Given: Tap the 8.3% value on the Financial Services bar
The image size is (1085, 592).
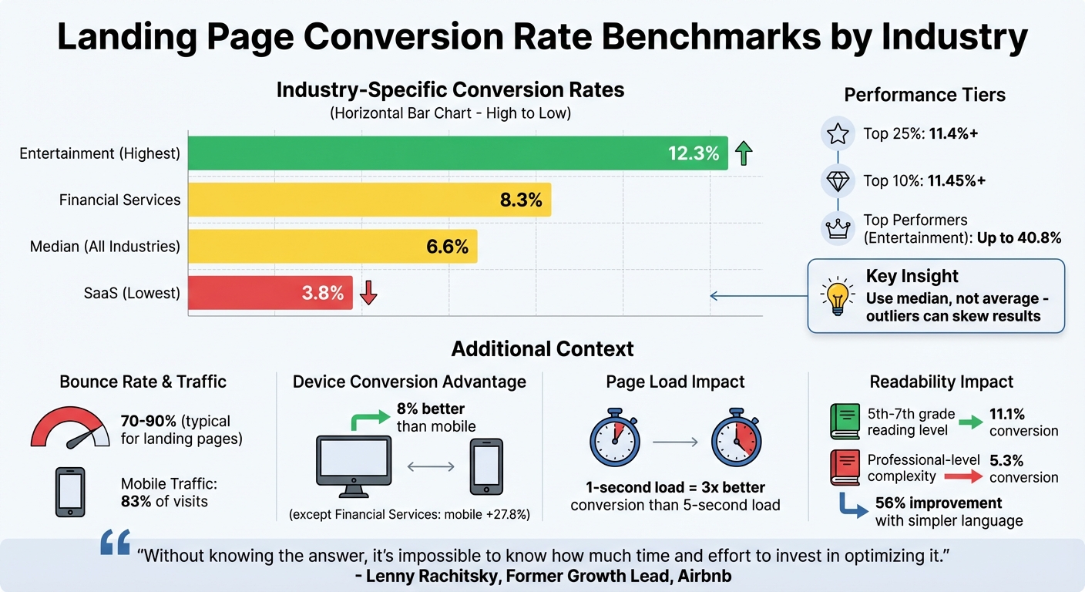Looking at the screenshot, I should pyautogui.click(x=521, y=200).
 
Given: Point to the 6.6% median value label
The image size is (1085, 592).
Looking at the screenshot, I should pyautogui.click(x=447, y=247).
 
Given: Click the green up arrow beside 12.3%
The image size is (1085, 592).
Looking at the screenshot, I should pyautogui.click(x=744, y=153).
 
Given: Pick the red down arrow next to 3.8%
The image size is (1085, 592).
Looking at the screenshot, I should pyautogui.click(x=368, y=293).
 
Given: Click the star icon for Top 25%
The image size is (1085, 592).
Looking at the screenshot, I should pyautogui.click(x=837, y=134).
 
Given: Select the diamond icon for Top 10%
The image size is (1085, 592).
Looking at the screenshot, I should pyautogui.click(x=837, y=181).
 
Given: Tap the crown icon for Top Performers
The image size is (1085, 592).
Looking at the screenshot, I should pyautogui.click(x=837, y=228).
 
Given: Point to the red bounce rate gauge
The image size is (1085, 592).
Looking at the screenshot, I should pyautogui.click(x=70, y=429).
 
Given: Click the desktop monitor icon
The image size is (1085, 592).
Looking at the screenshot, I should pyautogui.click(x=353, y=466).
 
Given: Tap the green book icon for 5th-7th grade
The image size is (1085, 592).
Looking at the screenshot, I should pyautogui.click(x=845, y=422).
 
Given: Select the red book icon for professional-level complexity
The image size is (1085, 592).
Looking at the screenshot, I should pyautogui.click(x=845, y=468).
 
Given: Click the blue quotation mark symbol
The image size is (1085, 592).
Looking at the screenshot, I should pyautogui.click(x=116, y=543).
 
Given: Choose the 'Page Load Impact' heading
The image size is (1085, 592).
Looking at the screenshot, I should pyautogui.click(x=675, y=382).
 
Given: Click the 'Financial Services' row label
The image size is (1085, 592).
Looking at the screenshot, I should pyautogui.click(x=119, y=200).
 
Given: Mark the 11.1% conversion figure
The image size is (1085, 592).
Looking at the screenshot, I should pyautogui.click(x=1006, y=414).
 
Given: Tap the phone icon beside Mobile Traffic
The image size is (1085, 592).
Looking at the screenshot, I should pyautogui.click(x=70, y=492).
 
